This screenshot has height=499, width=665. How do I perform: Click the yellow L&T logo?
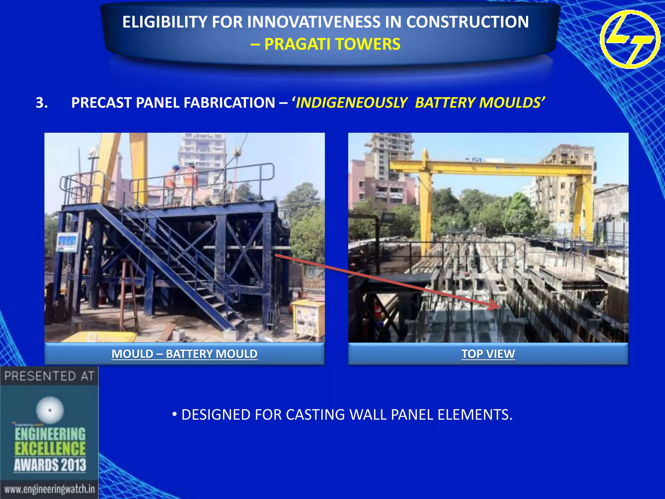[x=630, y=39]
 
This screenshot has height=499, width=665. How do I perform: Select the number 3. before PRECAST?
[x=42, y=103]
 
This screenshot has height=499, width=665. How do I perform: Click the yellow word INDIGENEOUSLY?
[x=351, y=103]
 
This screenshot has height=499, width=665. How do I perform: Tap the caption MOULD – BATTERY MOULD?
[x=184, y=354]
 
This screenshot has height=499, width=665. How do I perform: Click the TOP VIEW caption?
[x=488, y=354]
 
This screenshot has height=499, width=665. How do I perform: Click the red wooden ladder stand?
[x=128, y=292]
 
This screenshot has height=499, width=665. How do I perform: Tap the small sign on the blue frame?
[x=68, y=242]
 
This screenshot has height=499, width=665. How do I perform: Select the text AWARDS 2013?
[x=50, y=465]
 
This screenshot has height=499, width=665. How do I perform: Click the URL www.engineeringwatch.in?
[x=49, y=489]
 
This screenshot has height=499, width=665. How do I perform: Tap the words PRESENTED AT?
[x=49, y=376]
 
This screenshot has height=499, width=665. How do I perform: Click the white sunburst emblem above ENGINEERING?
[x=50, y=410]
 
